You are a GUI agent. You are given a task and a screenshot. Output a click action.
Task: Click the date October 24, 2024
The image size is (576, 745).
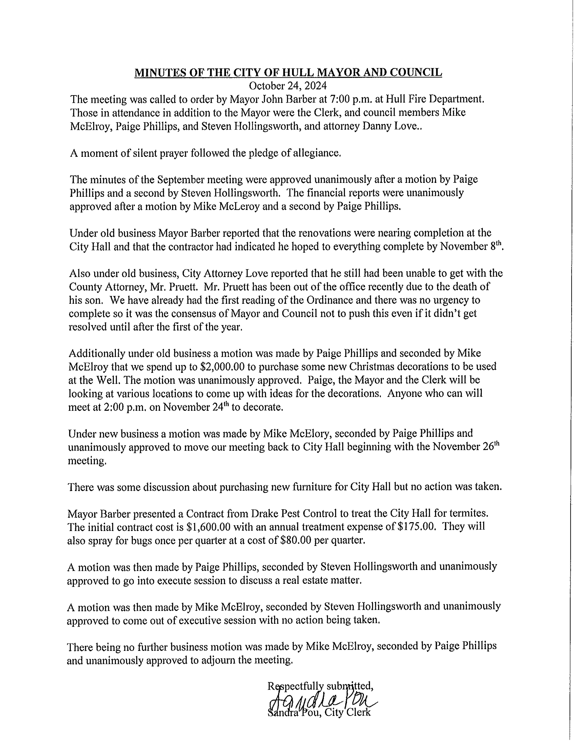point(288,85)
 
